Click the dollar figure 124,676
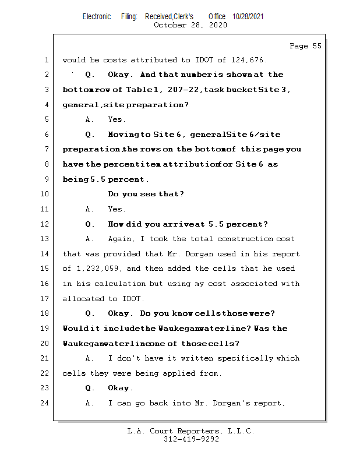click(251, 59)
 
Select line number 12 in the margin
click(46, 224)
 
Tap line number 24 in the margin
click(46, 403)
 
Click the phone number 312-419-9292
click(191, 439)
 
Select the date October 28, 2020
click(190, 25)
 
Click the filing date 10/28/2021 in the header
click(248, 17)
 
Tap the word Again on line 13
click(121, 239)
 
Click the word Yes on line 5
click(116, 119)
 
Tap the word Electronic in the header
click(97, 17)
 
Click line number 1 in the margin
click(46, 59)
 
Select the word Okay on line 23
click(120, 388)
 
